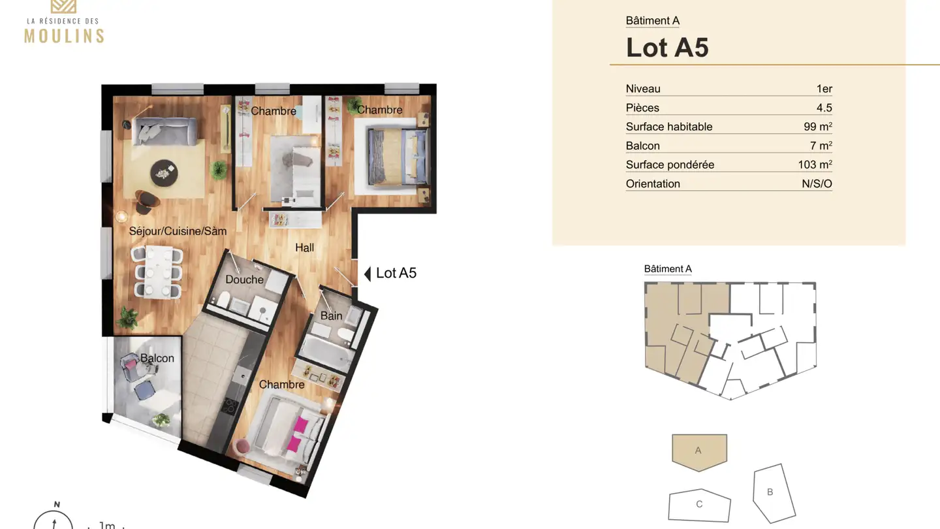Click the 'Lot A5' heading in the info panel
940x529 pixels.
coord(667,48)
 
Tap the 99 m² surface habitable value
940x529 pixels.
coord(817,127)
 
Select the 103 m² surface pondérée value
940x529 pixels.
coord(815,165)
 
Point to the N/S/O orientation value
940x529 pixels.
coord(817,184)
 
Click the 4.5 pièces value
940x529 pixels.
coord(824,108)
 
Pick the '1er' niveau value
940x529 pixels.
coord(824,89)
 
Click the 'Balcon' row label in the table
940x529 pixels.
coord(642,146)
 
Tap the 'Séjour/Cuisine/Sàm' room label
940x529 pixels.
coord(178,231)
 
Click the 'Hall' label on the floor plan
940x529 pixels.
coord(304,248)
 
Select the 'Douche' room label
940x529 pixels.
coord(244,280)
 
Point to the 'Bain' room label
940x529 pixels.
coord(331,316)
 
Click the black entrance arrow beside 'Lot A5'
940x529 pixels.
coord(368,274)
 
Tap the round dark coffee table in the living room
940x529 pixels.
coord(164,173)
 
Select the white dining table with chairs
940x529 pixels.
coord(157,270)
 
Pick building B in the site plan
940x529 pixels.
coord(774,493)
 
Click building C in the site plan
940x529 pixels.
coord(699,505)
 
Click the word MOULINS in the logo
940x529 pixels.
coord(64,35)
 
